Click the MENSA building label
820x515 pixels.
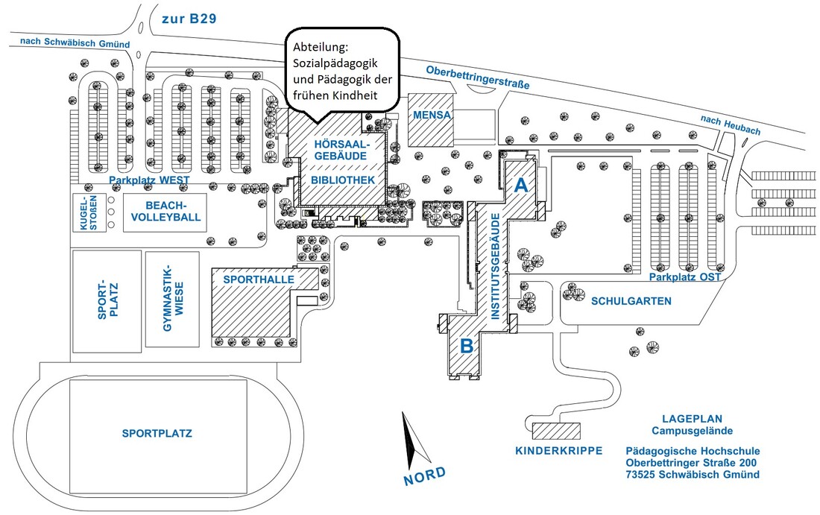click(x=432, y=116)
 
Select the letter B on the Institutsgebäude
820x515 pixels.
click(x=467, y=346)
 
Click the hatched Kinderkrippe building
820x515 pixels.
click(x=557, y=431)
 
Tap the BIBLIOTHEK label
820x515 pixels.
click(x=343, y=180)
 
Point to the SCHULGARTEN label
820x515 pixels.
click(x=631, y=302)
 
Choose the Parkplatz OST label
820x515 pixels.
click(x=684, y=277)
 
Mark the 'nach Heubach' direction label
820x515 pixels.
click(x=731, y=125)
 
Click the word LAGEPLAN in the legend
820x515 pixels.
click(x=692, y=419)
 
